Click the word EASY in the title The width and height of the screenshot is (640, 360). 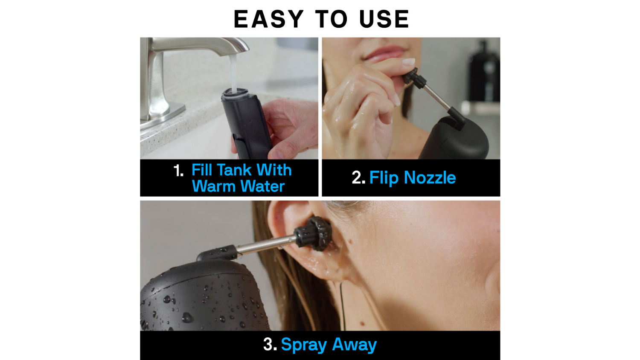(268, 19)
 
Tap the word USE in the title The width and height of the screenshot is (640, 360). (384, 19)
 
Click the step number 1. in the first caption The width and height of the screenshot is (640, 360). (179, 171)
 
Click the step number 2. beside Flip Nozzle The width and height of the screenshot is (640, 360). (358, 178)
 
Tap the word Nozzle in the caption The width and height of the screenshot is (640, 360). (430, 178)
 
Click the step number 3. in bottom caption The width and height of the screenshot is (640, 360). (270, 345)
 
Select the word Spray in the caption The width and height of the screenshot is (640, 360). (304, 345)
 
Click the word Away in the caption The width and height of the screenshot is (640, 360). (354, 345)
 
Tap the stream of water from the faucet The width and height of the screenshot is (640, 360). (233, 73)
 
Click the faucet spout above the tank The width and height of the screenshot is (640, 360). (200, 46)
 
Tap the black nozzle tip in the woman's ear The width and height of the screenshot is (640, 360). (314, 233)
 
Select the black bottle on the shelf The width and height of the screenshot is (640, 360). (484, 71)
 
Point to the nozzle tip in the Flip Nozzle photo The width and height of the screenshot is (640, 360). (413, 78)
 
